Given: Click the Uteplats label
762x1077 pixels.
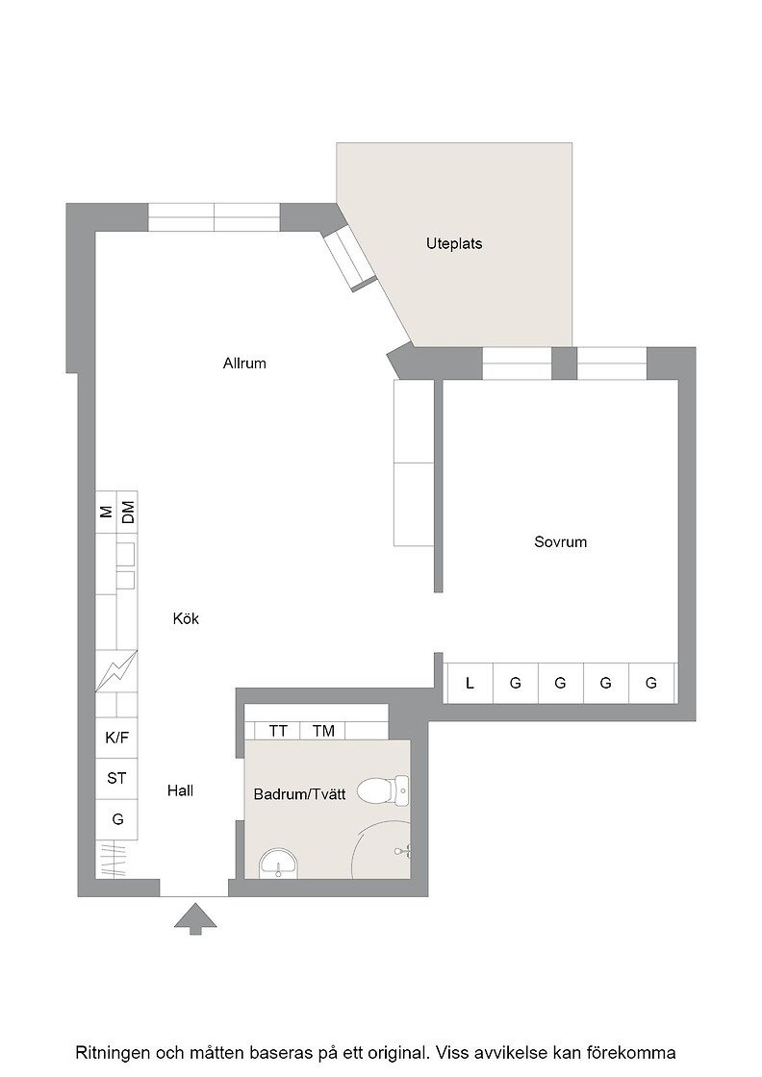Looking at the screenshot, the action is [453, 244].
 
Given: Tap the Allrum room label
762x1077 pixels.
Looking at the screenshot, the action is [244, 363].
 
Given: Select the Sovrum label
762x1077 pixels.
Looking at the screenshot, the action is [560, 542].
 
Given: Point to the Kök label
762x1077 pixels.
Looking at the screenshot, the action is [186, 619].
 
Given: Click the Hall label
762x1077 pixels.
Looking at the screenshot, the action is [180, 790].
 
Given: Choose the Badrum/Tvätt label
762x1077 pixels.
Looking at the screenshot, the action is [299, 794].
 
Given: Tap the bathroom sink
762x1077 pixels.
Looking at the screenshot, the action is [278, 863].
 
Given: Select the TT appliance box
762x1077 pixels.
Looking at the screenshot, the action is [277, 731].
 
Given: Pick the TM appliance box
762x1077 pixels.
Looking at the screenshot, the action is [322, 731].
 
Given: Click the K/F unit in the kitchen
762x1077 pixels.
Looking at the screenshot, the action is [116, 739].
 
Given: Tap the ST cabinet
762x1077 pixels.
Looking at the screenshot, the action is [116, 779].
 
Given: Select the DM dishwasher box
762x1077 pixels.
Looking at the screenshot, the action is [127, 512].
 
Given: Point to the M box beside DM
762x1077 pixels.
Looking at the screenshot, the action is [106, 512].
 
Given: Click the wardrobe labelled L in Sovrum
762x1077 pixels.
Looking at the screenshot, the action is [470, 683].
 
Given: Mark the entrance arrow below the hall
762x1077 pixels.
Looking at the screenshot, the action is [195, 919].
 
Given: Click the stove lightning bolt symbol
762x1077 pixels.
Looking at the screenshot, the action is [116, 670].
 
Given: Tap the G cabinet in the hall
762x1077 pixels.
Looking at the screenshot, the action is [116, 819].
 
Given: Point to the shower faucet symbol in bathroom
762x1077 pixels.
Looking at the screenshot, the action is [404, 851].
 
